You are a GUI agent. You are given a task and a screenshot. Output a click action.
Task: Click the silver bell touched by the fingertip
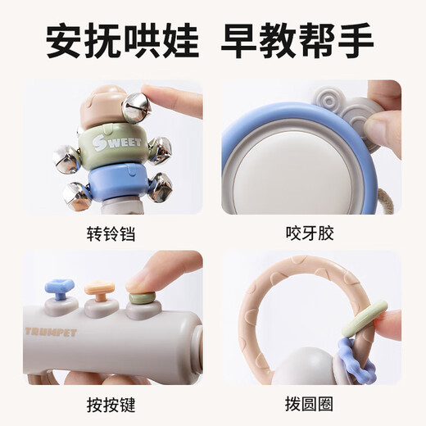134,106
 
